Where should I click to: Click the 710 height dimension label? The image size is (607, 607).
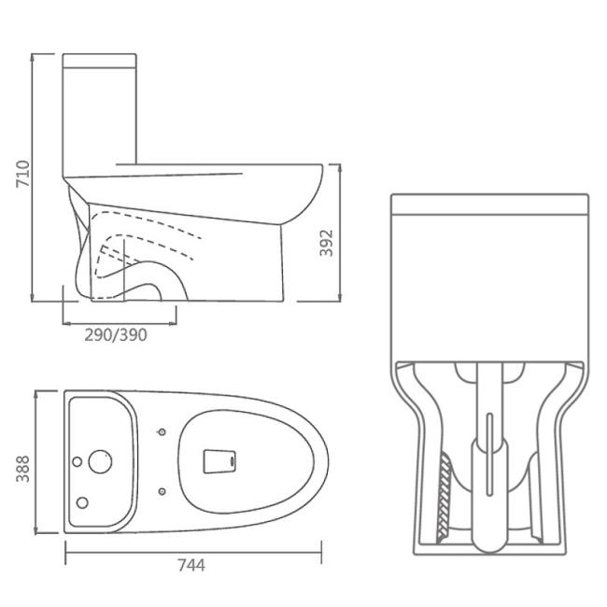[22, 174]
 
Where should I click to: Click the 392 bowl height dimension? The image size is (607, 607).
[326, 243]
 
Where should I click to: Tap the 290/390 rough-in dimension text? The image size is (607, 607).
[116, 335]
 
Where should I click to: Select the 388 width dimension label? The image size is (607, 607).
[22, 469]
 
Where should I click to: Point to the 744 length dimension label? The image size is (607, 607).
[191, 565]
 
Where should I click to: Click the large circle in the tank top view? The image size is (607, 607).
[100, 461]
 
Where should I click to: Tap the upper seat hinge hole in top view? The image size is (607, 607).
[162, 431]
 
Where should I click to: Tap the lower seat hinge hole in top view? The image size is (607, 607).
[162, 491]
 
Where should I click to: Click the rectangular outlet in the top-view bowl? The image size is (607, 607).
[219, 461]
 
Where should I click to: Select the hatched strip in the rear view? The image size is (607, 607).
[445, 499]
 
